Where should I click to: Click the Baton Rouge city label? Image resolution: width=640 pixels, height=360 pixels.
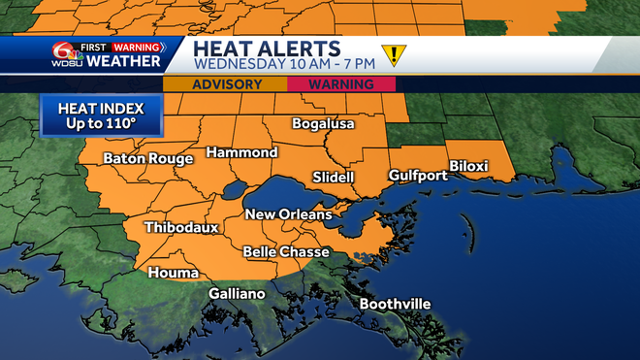pyautogui.click(x=144, y=158)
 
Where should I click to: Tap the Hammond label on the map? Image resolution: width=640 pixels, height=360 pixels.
pyautogui.click(x=241, y=152)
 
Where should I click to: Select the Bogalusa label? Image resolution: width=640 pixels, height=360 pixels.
pyautogui.click(x=324, y=124)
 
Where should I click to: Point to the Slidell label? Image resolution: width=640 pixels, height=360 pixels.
pyautogui.click(x=334, y=177)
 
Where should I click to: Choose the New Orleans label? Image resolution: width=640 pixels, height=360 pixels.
pyautogui.click(x=288, y=213)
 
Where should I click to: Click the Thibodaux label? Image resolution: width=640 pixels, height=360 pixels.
pyautogui.click(x=181, y=227)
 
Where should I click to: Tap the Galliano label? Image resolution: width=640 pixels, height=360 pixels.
pyautogui.click(x=237, y=293)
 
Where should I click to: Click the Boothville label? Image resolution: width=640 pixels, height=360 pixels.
pyautogui.click(x=395, y=304)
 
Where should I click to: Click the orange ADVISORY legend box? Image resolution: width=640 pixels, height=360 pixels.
pyautogui.click(x=226, y=84)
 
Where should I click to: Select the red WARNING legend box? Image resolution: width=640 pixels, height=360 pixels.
pyautogui.click(x=342, y=84)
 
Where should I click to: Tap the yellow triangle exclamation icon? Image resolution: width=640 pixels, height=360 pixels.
pyautogui.click(x=394, y=54)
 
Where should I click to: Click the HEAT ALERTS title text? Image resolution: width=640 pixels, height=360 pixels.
pyautogui.click(x=266, y=49)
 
